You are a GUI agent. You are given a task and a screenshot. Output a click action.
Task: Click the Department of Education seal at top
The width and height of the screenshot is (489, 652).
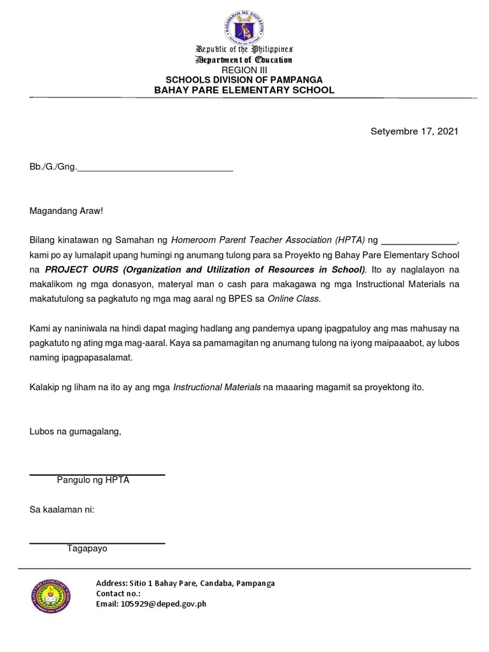tap(244, 23)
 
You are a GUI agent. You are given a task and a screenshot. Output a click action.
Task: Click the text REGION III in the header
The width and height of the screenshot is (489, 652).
tap(244, 69)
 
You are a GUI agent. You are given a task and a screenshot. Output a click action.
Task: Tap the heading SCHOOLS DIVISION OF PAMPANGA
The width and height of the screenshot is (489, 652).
tap(244, 80)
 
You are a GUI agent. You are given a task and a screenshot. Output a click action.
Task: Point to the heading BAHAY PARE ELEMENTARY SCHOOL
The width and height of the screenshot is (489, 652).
tap(244, 90)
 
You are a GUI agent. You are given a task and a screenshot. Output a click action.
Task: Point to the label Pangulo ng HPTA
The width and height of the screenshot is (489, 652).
tap(93, 480)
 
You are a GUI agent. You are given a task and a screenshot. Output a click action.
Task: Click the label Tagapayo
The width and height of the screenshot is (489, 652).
tap(87, 548)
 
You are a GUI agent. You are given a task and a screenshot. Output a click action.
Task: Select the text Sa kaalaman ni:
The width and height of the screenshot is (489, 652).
tap(62, 509)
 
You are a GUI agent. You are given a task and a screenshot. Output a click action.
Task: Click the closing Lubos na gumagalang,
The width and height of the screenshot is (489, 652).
tap(75, 432)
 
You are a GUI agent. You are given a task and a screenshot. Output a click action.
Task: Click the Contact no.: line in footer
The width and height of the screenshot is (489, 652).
tap(118, 593)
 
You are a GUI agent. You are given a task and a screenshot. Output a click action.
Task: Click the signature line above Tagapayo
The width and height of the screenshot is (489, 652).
tap(97, 542)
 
